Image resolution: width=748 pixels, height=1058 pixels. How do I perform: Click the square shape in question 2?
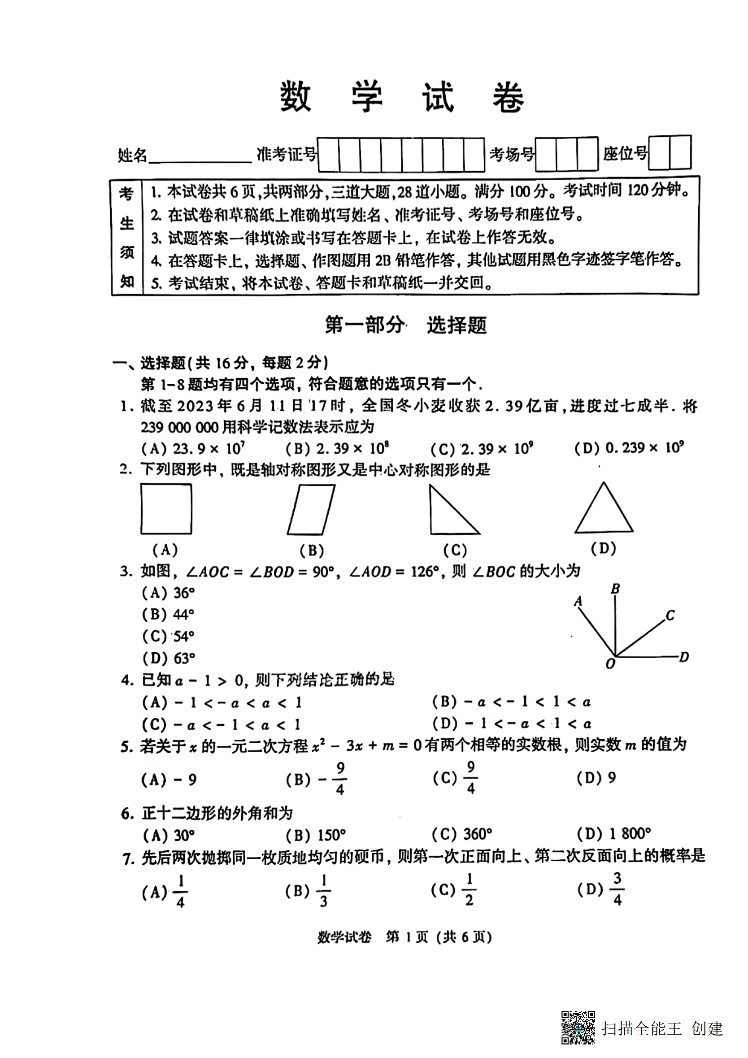(x=166, y=509)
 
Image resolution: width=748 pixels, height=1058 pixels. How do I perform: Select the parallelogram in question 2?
(x=311, y=509)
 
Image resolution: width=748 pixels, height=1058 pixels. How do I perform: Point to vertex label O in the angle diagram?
(x=610, y=664)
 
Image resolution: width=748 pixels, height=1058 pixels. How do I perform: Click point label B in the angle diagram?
(x=615, y=589)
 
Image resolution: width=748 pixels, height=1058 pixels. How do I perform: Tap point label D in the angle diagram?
(x=684, y=657)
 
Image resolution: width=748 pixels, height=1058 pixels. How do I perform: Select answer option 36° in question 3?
(x=169, y=593)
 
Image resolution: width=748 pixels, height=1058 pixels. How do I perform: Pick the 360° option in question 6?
(x=463, y=833)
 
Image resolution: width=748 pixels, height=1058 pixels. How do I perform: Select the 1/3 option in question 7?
(x=309, y=891)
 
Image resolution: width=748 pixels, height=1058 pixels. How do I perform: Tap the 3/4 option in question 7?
(x=601, y=889)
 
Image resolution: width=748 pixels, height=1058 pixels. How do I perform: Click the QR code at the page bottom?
(x=578, y=1027)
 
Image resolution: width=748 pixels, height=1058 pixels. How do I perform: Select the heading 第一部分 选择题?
(x=405, y=325)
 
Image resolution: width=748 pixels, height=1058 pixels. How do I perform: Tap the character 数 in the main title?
(x=296, y=96)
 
